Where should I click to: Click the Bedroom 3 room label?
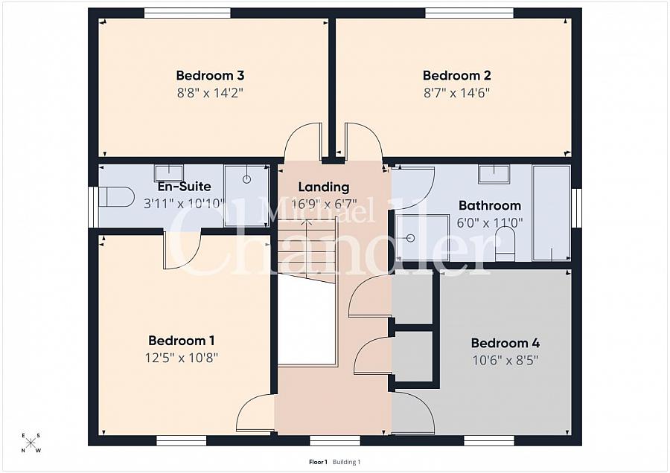(210, 76)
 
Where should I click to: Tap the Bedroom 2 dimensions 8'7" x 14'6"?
(456, 93)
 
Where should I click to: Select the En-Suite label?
(184, 187)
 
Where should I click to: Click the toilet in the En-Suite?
(116, 196)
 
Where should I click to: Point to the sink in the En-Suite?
(169, 173)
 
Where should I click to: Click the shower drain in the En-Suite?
(246, 179)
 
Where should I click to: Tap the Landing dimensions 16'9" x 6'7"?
(324, 204)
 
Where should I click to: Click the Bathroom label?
(490, 205)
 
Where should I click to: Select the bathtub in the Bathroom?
(551, 213)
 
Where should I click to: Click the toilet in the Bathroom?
(505, 244)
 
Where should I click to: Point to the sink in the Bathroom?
(494, 174)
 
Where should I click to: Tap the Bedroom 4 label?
(505, 344)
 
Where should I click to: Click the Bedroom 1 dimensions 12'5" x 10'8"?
(182, 358)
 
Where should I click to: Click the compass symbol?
(31, 443)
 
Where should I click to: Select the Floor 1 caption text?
(318, 462)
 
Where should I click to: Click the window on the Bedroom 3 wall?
(187, 13)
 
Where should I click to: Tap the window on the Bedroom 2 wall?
(469, 13)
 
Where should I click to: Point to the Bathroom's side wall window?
(576, 208)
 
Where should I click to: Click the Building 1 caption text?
(346, 462)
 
